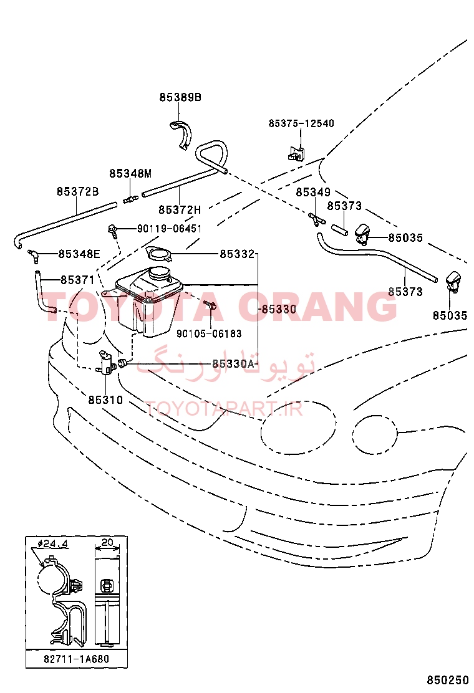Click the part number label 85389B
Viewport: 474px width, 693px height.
[180, 97]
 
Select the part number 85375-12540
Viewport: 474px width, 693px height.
[301, 123]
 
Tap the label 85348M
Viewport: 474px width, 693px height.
[130, 174]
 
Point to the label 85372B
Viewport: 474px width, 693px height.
[77, 191]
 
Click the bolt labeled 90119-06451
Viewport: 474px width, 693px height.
[112, 230]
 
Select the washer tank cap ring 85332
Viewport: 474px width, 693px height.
[158, 255]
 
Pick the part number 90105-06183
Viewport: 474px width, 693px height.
[209, 333]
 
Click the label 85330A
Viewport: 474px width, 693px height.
[233, 364]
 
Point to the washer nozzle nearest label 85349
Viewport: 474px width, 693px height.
[364, 234]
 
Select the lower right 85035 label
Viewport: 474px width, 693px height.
[450, 315]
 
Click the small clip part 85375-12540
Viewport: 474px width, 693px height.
[296, 154]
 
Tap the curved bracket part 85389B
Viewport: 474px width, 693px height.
[181, 134]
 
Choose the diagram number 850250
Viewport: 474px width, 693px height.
[447, 680]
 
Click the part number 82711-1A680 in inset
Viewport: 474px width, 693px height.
[76, 659]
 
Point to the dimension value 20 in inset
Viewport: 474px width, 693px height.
[107, 542]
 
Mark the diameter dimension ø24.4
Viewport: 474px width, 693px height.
[53, 543]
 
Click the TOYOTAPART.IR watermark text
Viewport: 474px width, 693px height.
[224, 409]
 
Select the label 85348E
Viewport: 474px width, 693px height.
[79, 254]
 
